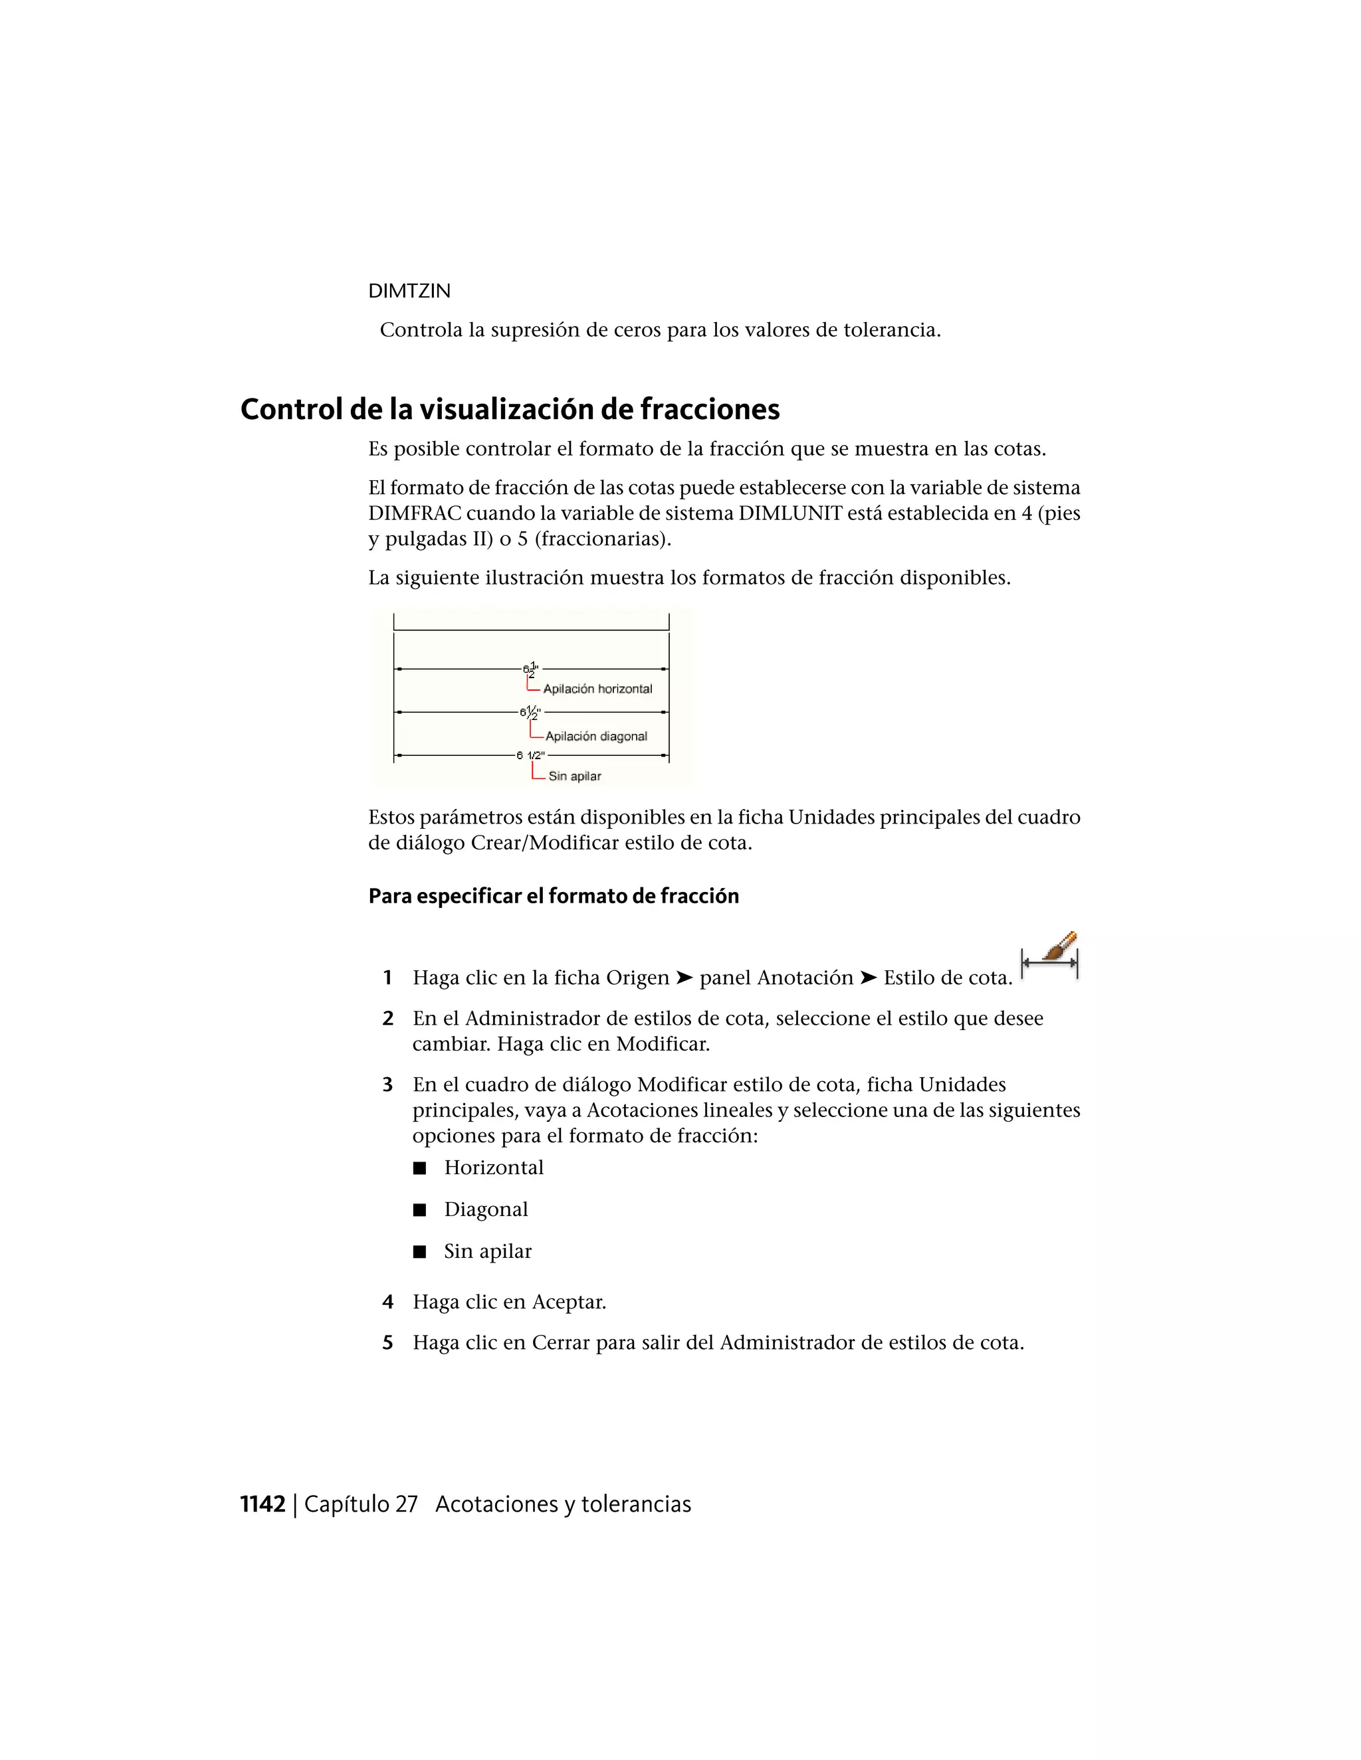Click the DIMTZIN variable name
[x=409, y=291]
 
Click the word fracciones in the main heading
[x=710, y=409]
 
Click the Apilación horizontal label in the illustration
[x=597, y=689]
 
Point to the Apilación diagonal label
[x=596, y=737]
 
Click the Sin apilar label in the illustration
[x=574, y=776]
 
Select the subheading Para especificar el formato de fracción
[x=553, y=896]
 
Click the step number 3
[x=388, y=1085]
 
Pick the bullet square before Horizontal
[x=419, y=1168]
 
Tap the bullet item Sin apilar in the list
[x=487, y=1251]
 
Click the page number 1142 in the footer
[x=263, y=1504]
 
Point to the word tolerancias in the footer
[x=636, y=1504]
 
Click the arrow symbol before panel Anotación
[x=684, y=978]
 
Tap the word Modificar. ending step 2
[x=663, y=1045]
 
